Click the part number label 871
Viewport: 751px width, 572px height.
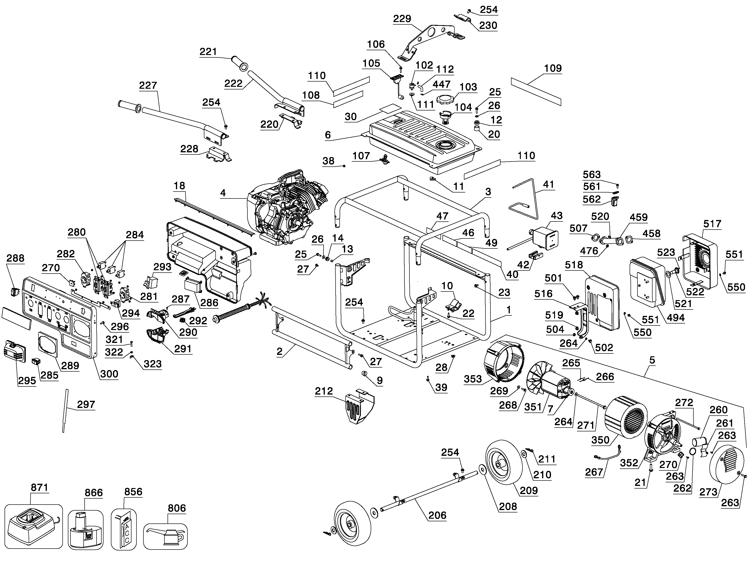point(39,488)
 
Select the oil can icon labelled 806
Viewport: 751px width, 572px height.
point(165,536)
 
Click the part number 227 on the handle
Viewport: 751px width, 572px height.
point(148,85)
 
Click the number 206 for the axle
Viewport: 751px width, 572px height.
point(437,516)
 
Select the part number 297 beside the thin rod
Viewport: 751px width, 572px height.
point(86,404)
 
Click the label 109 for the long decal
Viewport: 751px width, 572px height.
point(553,68)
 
